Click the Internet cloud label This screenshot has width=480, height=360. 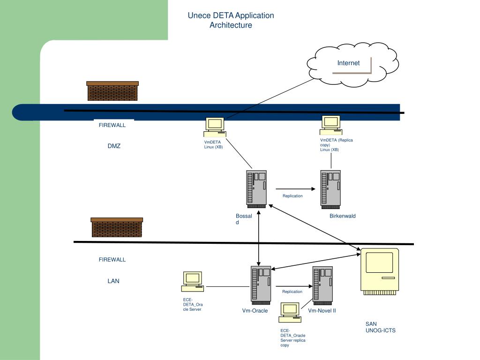(348, 63)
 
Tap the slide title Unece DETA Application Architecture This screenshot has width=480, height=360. (231, 20)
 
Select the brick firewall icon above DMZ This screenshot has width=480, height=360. (112, 91)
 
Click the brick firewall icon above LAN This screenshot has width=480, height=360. (117, 227)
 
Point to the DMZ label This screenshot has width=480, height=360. (114, 146)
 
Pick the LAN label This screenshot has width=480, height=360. (113, 281)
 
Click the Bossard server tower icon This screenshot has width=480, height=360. (256, 189)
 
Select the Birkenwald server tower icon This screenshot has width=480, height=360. (330, 189)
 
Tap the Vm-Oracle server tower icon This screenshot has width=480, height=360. (261, 285)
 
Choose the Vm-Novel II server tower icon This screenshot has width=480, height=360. (322, 285)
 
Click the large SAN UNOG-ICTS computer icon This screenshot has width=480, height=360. (380, 271)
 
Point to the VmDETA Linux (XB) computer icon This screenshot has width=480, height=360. (215, 127)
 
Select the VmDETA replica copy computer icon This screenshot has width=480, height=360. (331, 125)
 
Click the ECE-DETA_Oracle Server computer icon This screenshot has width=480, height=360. (193, 282)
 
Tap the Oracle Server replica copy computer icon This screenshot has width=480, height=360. (290, 313)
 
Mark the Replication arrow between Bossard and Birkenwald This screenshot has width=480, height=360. (295, 189)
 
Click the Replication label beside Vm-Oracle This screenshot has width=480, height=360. (292, 292)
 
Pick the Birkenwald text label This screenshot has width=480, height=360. (343, 216)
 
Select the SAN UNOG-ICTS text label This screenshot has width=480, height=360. (381, 327)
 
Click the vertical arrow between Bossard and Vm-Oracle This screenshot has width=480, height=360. (259, 238)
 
